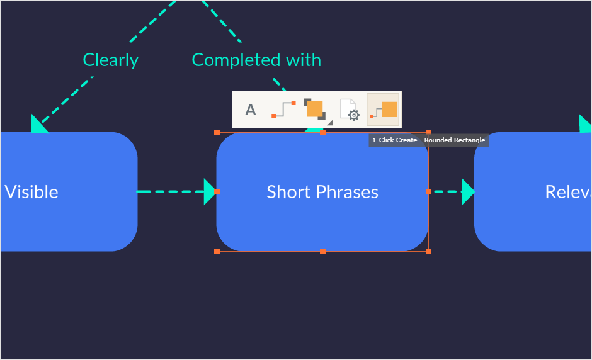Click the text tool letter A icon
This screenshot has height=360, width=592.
pyautogui.click(x=251, y=110)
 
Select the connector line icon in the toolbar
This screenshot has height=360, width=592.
pyautogui.click(x=283, y=110)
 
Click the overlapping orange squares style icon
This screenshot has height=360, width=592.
pyautogui.click(x=315, y=109)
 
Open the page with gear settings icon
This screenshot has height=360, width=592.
pyautogui.click(x=350, y=110)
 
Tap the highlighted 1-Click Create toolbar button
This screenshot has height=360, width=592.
pyautogui.click(x=384, y=110)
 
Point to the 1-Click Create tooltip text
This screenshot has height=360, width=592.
pyautogui.click(x=428, y=140)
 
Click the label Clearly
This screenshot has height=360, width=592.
pyautogui.click(x=111, y=60)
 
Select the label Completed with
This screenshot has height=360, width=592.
pyautogui.click(x=256, y=60)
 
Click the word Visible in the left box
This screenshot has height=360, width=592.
pyautogui.click(x=31, y=192)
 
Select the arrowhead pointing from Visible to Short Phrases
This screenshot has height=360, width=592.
pyautogui.click(x=210, y=191)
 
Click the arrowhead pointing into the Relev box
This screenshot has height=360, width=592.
pyautogui.click(x=468, y=191)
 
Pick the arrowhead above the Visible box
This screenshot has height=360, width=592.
pyautogui.click(x=39, y=125)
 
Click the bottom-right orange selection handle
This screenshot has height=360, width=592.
pyautogui.click(x=429, y=251)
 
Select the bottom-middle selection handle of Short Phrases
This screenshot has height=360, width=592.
pyautogui.click(x=322, y=251)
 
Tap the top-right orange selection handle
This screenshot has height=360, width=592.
pyautogui.click(x=429, y=132)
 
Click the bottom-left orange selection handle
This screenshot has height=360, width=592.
pyautogui.click(x=217, y=251)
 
